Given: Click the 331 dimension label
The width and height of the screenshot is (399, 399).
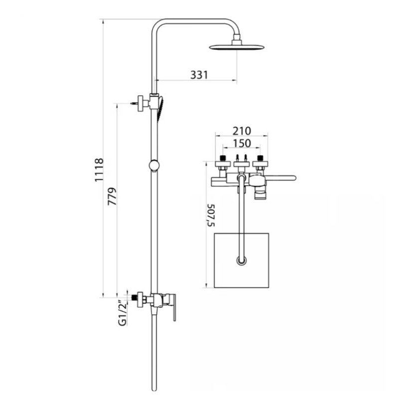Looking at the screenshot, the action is pyautogui.click(x=199, y=75).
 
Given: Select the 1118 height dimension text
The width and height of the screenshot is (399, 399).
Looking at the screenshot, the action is pyautogui.click(x=99, y=170).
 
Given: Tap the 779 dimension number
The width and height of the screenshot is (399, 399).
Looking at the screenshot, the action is pyautogui.click(x=112, y=197).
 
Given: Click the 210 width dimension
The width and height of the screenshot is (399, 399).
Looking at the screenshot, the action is pyautogui.click(x=242, y=131).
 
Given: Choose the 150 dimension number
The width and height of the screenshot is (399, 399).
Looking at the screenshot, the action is pyautogui.click(x=242, y=143).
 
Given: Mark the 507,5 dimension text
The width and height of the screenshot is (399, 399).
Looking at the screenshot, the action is pyautogui.click(x=211, y=215).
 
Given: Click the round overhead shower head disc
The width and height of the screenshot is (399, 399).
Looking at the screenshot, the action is pyautogui.click(x=236, y=47).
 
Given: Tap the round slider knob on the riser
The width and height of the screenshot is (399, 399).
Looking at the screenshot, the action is pyautogui.click(x=154, y=166).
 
